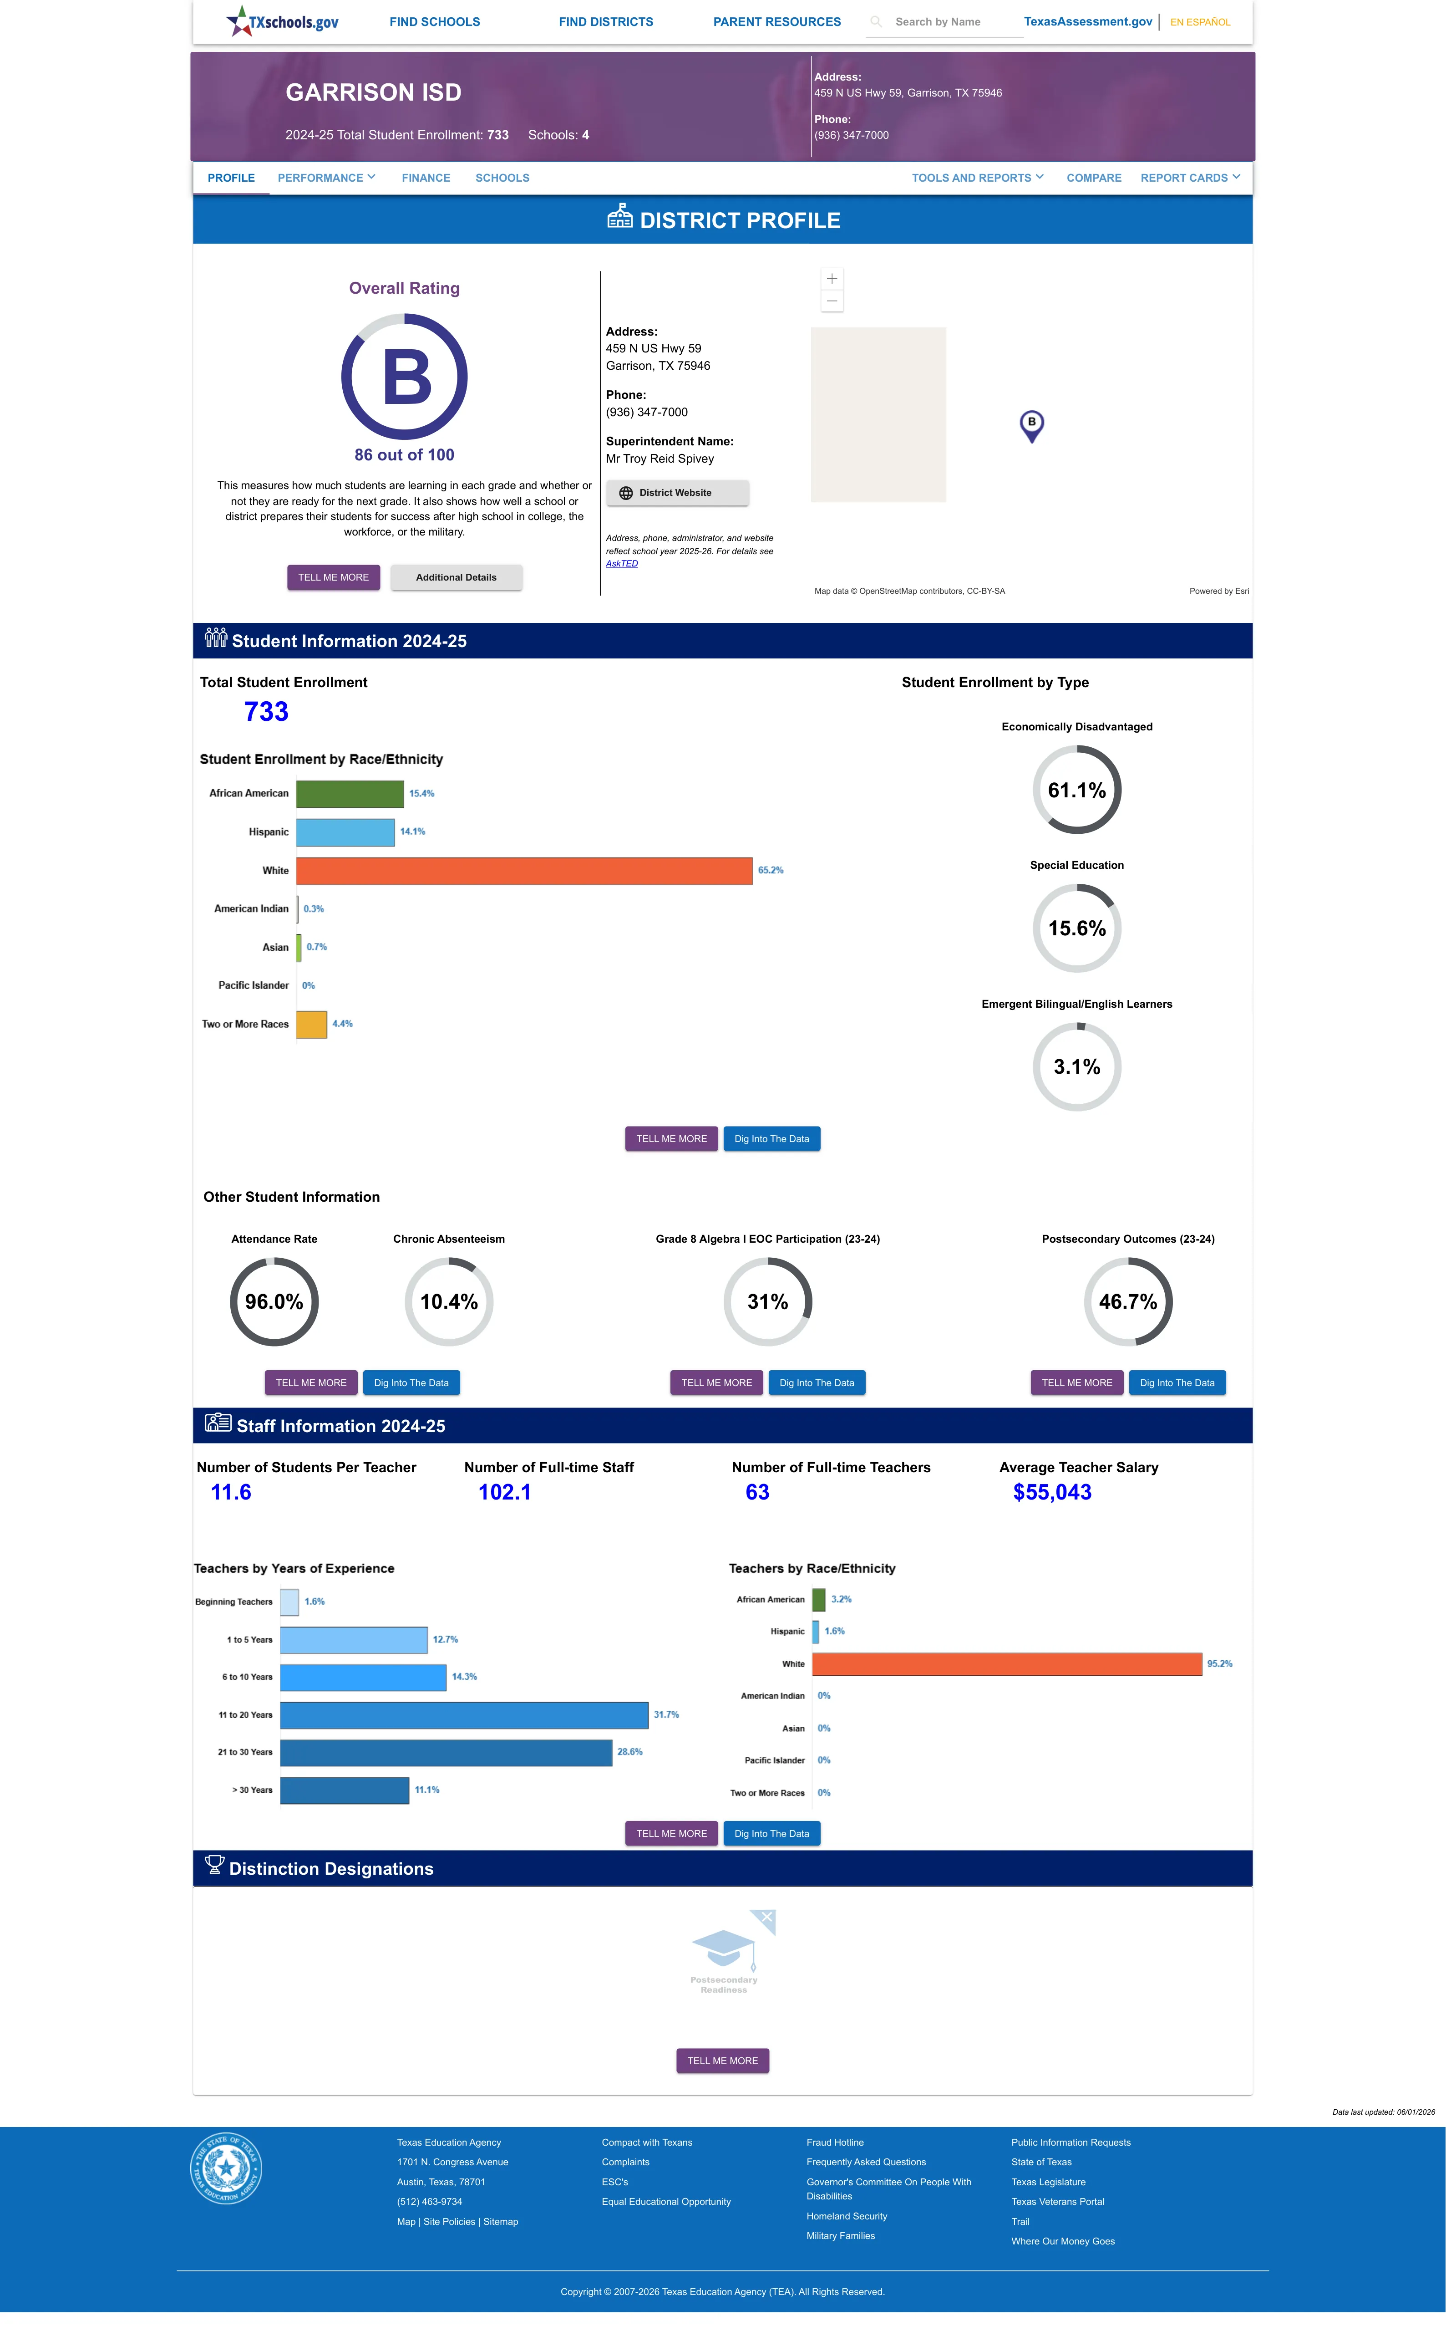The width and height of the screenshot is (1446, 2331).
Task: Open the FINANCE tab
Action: pyautogui.click(x=426, y=178)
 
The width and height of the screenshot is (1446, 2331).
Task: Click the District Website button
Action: pyautogui.click(x=677, y=493)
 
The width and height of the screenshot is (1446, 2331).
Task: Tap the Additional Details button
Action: pyautogui.click(x=456, y=578)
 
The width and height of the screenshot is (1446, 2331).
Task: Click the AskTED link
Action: pyautogui.click(x=622, y=563)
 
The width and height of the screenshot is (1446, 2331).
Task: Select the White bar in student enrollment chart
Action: pyautogui.click(x=524, y=870)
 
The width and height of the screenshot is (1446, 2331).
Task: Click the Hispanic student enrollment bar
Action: pyautogui.click(x=345, y=832)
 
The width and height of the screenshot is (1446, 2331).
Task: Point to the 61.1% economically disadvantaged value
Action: pyautogui.click(x=1077, y=790)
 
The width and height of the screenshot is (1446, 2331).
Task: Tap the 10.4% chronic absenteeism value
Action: pyautogui.click(x=448, y=1302)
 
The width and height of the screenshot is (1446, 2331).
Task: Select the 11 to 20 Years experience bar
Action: pyautogui.click(x=464, y=1715)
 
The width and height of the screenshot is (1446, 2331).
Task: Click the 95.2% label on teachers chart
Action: pyautogui.click(x=1219, y=1664)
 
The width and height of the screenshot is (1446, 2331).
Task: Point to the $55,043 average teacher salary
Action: pyautogui.click(x=1052, y=1492)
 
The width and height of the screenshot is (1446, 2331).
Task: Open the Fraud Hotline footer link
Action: pyautogui.click(x=835, y=2142)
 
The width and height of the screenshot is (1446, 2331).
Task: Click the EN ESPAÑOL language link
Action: pyautogui.click(x=1200, y=22)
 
